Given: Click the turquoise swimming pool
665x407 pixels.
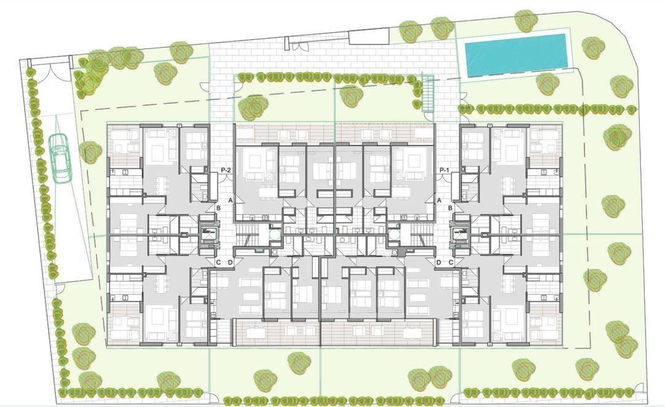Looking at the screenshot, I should pos(515,55).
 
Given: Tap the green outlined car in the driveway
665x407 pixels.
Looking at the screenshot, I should pos(61,157).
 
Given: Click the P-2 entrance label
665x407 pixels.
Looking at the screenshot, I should pos(225,170).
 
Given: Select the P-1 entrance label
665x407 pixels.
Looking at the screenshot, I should pos(445,170).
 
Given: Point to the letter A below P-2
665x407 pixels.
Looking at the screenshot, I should pos(231,200).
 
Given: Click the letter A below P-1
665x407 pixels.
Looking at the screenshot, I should pos(439,200).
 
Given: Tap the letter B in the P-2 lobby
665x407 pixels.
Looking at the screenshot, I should pos(219,208).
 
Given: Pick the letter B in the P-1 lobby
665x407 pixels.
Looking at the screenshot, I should pos(451,208).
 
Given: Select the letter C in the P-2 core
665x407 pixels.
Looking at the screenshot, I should pos(219,262).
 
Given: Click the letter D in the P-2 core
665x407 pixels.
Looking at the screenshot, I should pos(230,262).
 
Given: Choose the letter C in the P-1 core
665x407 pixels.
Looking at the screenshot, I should pos(451,262).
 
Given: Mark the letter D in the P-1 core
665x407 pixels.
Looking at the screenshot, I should pos(439,262).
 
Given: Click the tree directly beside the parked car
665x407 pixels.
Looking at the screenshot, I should pos(90,152).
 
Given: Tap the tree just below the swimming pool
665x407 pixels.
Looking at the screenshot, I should pos(547,84).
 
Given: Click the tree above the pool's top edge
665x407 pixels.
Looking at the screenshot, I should pos(525,21).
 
